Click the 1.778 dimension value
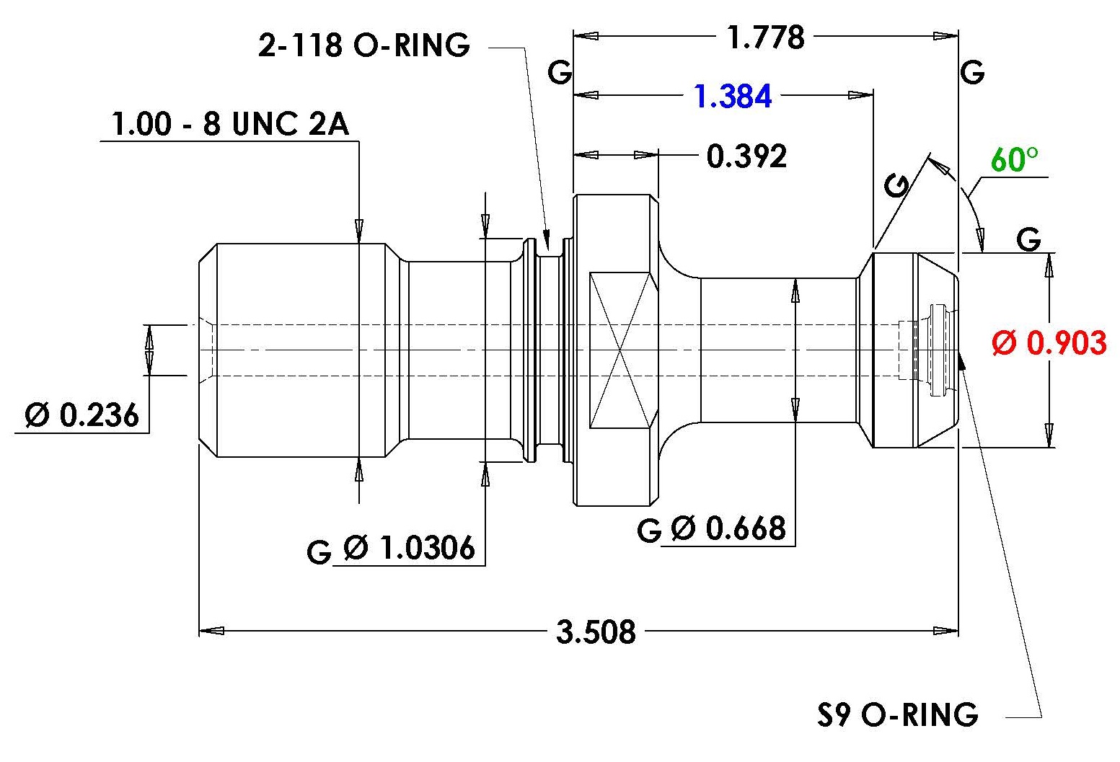[766, 37]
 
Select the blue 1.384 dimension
[733, 97]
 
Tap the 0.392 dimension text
[746, 156]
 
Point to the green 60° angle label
[1014, 160]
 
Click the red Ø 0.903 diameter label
[1049, 343]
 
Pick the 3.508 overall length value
[596, 632]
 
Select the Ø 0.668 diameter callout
[728, 528]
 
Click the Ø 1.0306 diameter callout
[409, 547]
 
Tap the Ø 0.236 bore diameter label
[82, 415]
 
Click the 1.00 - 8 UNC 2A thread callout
[230, 124]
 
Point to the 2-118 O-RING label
[364, 45]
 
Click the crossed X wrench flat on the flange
[620, 350]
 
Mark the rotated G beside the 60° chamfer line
[897, 185]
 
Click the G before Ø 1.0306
[319, 552]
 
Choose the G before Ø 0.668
[649, 530]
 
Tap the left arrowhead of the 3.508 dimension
[211, 631]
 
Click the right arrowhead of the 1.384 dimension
[861, 95]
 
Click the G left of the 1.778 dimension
[560, 73]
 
